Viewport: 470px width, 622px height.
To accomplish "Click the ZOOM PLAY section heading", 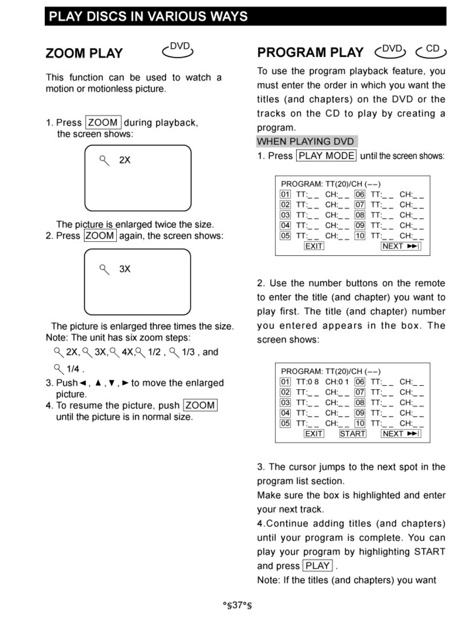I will click(84, 53).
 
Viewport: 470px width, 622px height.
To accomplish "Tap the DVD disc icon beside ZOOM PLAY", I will click(178, 50).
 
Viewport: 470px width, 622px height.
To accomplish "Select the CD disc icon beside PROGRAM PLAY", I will click(431, 51).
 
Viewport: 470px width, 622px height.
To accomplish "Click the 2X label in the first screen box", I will click(125, 160).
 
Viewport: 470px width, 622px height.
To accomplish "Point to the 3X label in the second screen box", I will click(125, 269).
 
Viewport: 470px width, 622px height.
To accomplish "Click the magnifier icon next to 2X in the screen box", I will click(104, 160).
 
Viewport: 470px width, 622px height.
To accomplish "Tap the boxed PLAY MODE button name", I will click(326, 155).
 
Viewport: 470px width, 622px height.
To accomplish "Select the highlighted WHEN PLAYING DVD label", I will click(305, 141).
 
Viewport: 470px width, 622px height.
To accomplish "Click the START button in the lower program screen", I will click(353, 433).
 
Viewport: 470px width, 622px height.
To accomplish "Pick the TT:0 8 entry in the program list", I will click(307, 382).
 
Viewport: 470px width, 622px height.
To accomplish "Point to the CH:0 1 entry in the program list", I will click(337, 382).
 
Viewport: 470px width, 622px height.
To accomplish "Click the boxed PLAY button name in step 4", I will click(318, 566).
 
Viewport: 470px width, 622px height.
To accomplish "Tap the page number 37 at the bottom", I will click(237, 605).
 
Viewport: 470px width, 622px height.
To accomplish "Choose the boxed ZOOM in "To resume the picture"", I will click(200, 405).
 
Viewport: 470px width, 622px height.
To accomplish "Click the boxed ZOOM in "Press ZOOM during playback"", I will click(103, 122).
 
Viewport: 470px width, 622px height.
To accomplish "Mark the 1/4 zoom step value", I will click(73, 369).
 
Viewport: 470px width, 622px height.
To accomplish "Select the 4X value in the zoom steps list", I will click(127, 352).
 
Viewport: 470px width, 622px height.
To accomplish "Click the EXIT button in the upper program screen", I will click(314, 246).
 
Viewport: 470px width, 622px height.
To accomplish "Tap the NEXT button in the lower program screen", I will click(401, 433).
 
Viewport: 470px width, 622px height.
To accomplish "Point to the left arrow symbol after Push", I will click(83, 383).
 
